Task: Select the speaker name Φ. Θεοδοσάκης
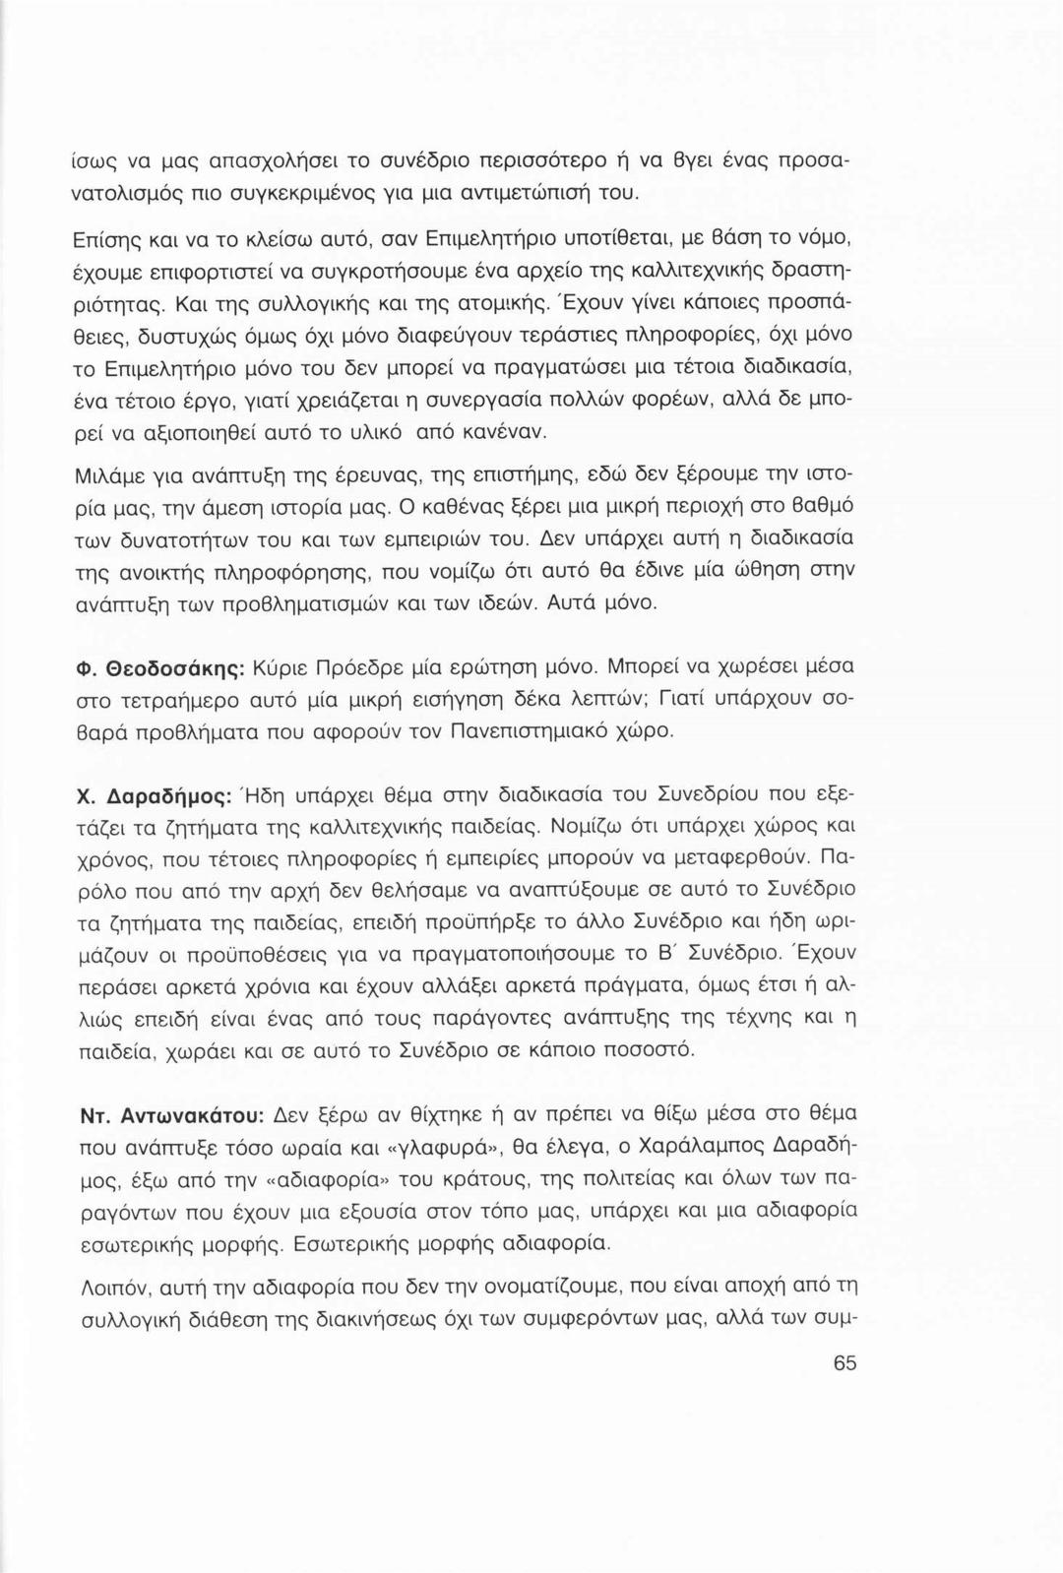point(160,666)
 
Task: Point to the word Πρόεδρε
point(370,666)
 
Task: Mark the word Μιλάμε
point(110,476)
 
